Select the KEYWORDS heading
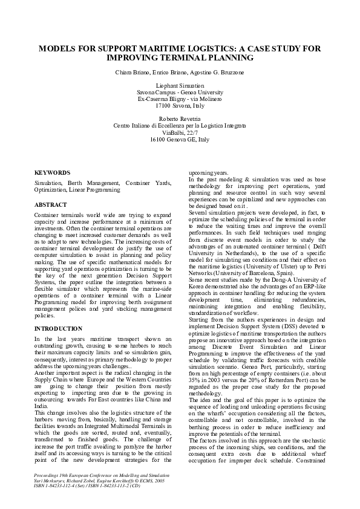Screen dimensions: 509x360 52,172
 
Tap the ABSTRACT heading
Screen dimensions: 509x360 51,205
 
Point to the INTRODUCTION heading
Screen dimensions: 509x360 59,328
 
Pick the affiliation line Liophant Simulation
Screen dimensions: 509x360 180,86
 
